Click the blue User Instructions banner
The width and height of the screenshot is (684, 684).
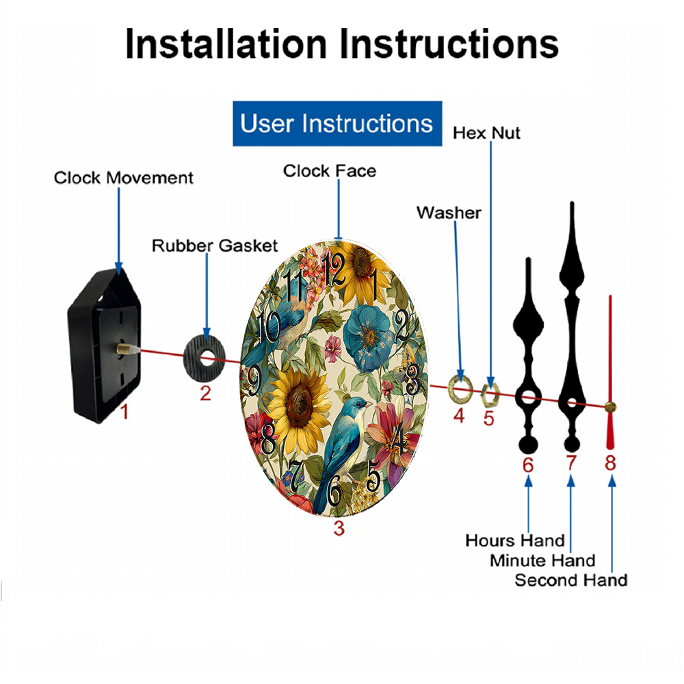tap(337, 123)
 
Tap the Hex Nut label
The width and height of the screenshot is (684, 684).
tap(486, 133)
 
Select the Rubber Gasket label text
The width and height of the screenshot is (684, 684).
tap(215, 246)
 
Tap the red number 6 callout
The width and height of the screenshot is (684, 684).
tap(528, 465)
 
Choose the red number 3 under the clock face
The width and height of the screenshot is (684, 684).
tap(339, 528)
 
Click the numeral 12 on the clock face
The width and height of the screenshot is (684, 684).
tap(334, 269)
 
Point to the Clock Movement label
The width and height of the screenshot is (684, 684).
tap(123, 178)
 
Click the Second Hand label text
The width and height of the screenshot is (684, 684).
tap(571, 580)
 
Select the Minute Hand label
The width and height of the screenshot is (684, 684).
tap(542, 561)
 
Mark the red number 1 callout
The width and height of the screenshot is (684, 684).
tap(124, 412)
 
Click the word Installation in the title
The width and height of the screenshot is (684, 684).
tap(226, 44)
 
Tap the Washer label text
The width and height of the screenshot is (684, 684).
tap(449, 213)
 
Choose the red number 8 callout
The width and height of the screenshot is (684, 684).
tap(610, 463)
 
